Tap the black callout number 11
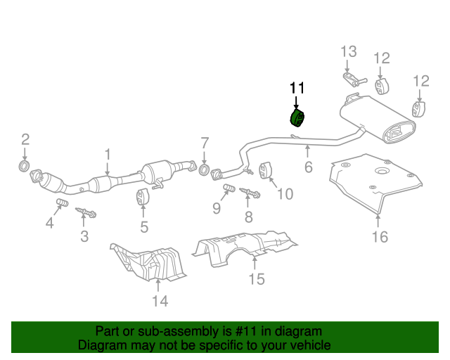(x=297, y=89)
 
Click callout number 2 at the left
(x=25, y=139)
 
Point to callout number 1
(x=108, y=154)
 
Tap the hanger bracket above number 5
(x=143, y=199)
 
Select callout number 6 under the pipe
(x=307, y=167)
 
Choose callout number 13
(x=349, y=52)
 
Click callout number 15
(x=256, y=280)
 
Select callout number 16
(x=379, y=237)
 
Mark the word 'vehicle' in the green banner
(x=308, y=345)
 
